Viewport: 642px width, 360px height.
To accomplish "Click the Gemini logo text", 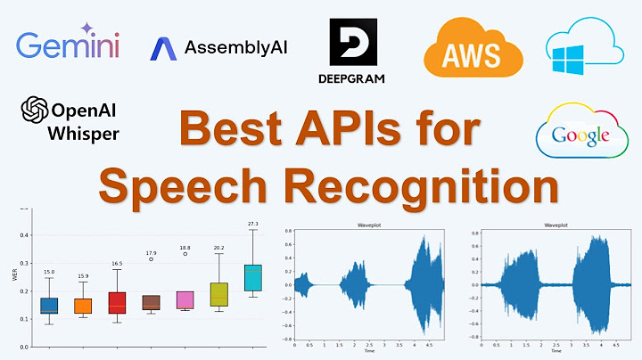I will click(68, 45).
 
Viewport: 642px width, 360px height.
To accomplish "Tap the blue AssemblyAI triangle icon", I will click(163, 48).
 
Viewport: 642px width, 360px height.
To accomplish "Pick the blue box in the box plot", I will click(49, 306).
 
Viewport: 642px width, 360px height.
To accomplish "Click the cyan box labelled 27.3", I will click(253, 278).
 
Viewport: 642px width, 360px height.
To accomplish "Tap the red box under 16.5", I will click(117, 302).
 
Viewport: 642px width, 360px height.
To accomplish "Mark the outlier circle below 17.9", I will click(152, 258).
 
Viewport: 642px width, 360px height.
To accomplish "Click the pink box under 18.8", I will click(185, 299).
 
